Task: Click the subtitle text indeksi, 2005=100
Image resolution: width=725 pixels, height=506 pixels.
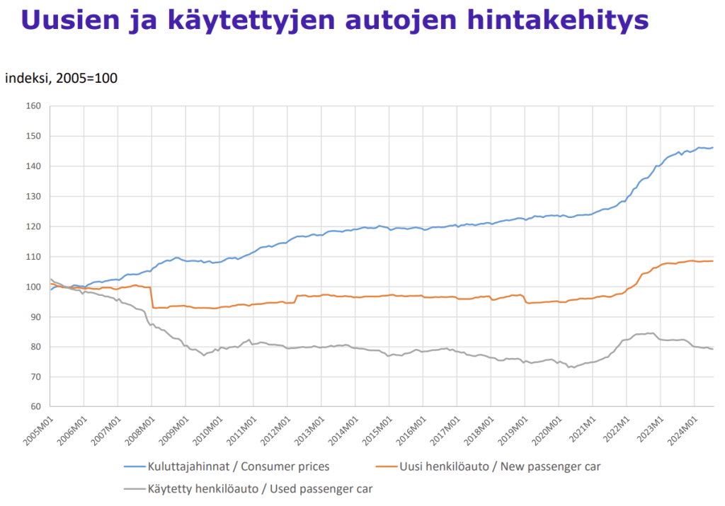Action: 61,79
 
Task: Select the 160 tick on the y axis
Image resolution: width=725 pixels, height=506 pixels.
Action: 34,106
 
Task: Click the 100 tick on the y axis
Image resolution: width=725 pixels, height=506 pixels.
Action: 34,287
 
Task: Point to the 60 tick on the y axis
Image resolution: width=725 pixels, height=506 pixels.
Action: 36,407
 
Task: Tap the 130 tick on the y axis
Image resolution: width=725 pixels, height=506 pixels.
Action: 34,197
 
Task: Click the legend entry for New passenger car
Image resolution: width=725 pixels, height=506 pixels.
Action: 501,466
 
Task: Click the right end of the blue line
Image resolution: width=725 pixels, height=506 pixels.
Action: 712,148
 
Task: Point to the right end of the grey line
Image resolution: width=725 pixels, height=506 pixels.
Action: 712,349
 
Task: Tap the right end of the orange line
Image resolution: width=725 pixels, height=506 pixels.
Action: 712,261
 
